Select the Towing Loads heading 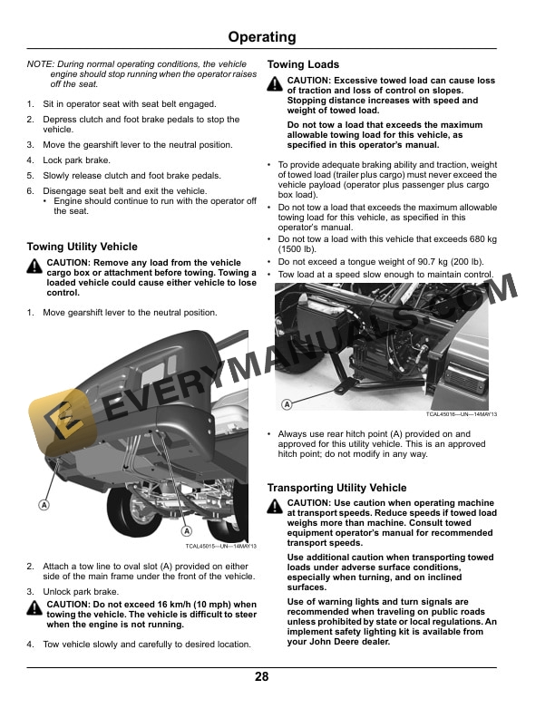click(303, 65)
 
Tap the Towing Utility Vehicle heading click(83, 247)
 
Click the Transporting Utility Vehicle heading click(336, 488)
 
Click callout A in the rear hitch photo click(287, 404)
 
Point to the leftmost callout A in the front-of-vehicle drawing click(43, 503)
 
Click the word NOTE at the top click(40, 64)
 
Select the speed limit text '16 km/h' click(156, 605)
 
